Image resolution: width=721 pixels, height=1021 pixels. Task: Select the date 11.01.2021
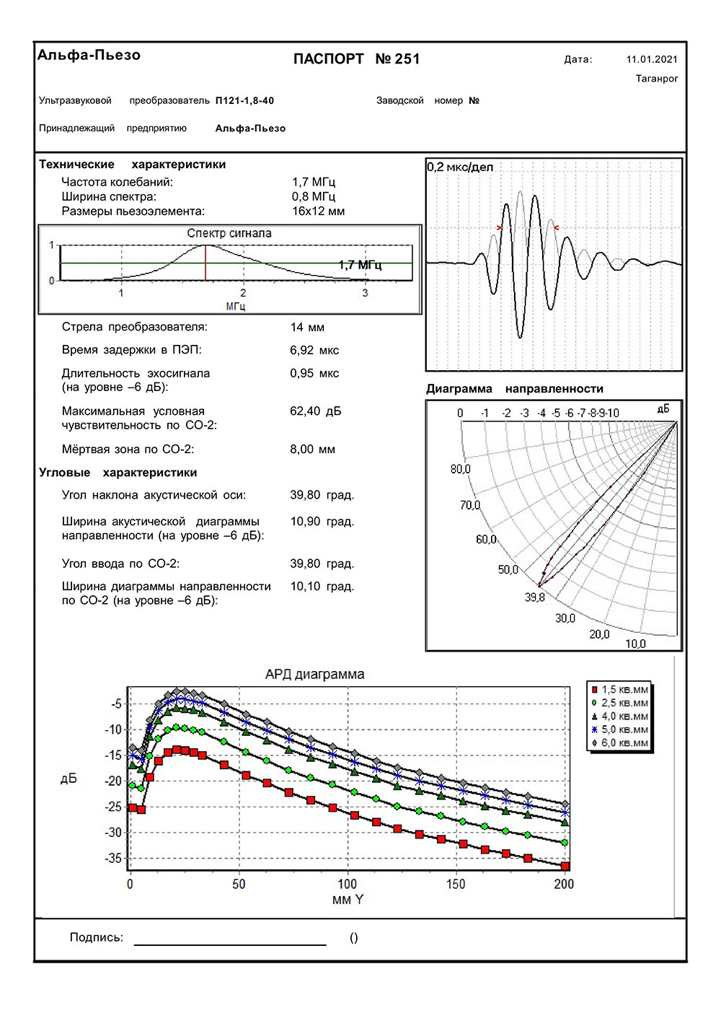click(x=652, y=60)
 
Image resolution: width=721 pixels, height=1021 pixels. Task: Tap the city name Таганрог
click(x=657, y=79)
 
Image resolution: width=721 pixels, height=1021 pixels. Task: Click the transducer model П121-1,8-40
click(x=244, y=101)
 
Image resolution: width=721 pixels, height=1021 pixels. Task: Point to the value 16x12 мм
click(x=318, y=211)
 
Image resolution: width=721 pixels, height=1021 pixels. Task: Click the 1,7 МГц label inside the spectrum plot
click(x=360, y=266)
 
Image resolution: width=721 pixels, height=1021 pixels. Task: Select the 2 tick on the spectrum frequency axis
click(x=243, y=293)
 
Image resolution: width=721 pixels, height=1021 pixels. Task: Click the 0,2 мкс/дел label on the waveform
click(x=460, y=167)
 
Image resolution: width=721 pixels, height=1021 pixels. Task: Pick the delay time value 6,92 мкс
click(x=314, y=351)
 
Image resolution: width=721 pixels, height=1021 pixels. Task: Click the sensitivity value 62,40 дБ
click(x=316, y=411)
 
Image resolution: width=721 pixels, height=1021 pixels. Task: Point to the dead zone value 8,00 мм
click(x=312, y=450)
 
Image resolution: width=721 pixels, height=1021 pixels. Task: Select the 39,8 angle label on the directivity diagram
click(x=535, y=597)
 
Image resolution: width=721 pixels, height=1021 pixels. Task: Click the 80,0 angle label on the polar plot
click(x=460, y=470)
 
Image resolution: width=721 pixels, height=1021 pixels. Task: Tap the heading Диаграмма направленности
click(x=514, y=389)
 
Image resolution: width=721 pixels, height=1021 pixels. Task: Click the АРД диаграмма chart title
click(x=315, y=675)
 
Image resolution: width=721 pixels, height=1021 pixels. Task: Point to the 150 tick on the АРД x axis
click(x=456, y=884)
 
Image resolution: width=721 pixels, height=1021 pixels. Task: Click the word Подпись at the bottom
click(x=97, y=937)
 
